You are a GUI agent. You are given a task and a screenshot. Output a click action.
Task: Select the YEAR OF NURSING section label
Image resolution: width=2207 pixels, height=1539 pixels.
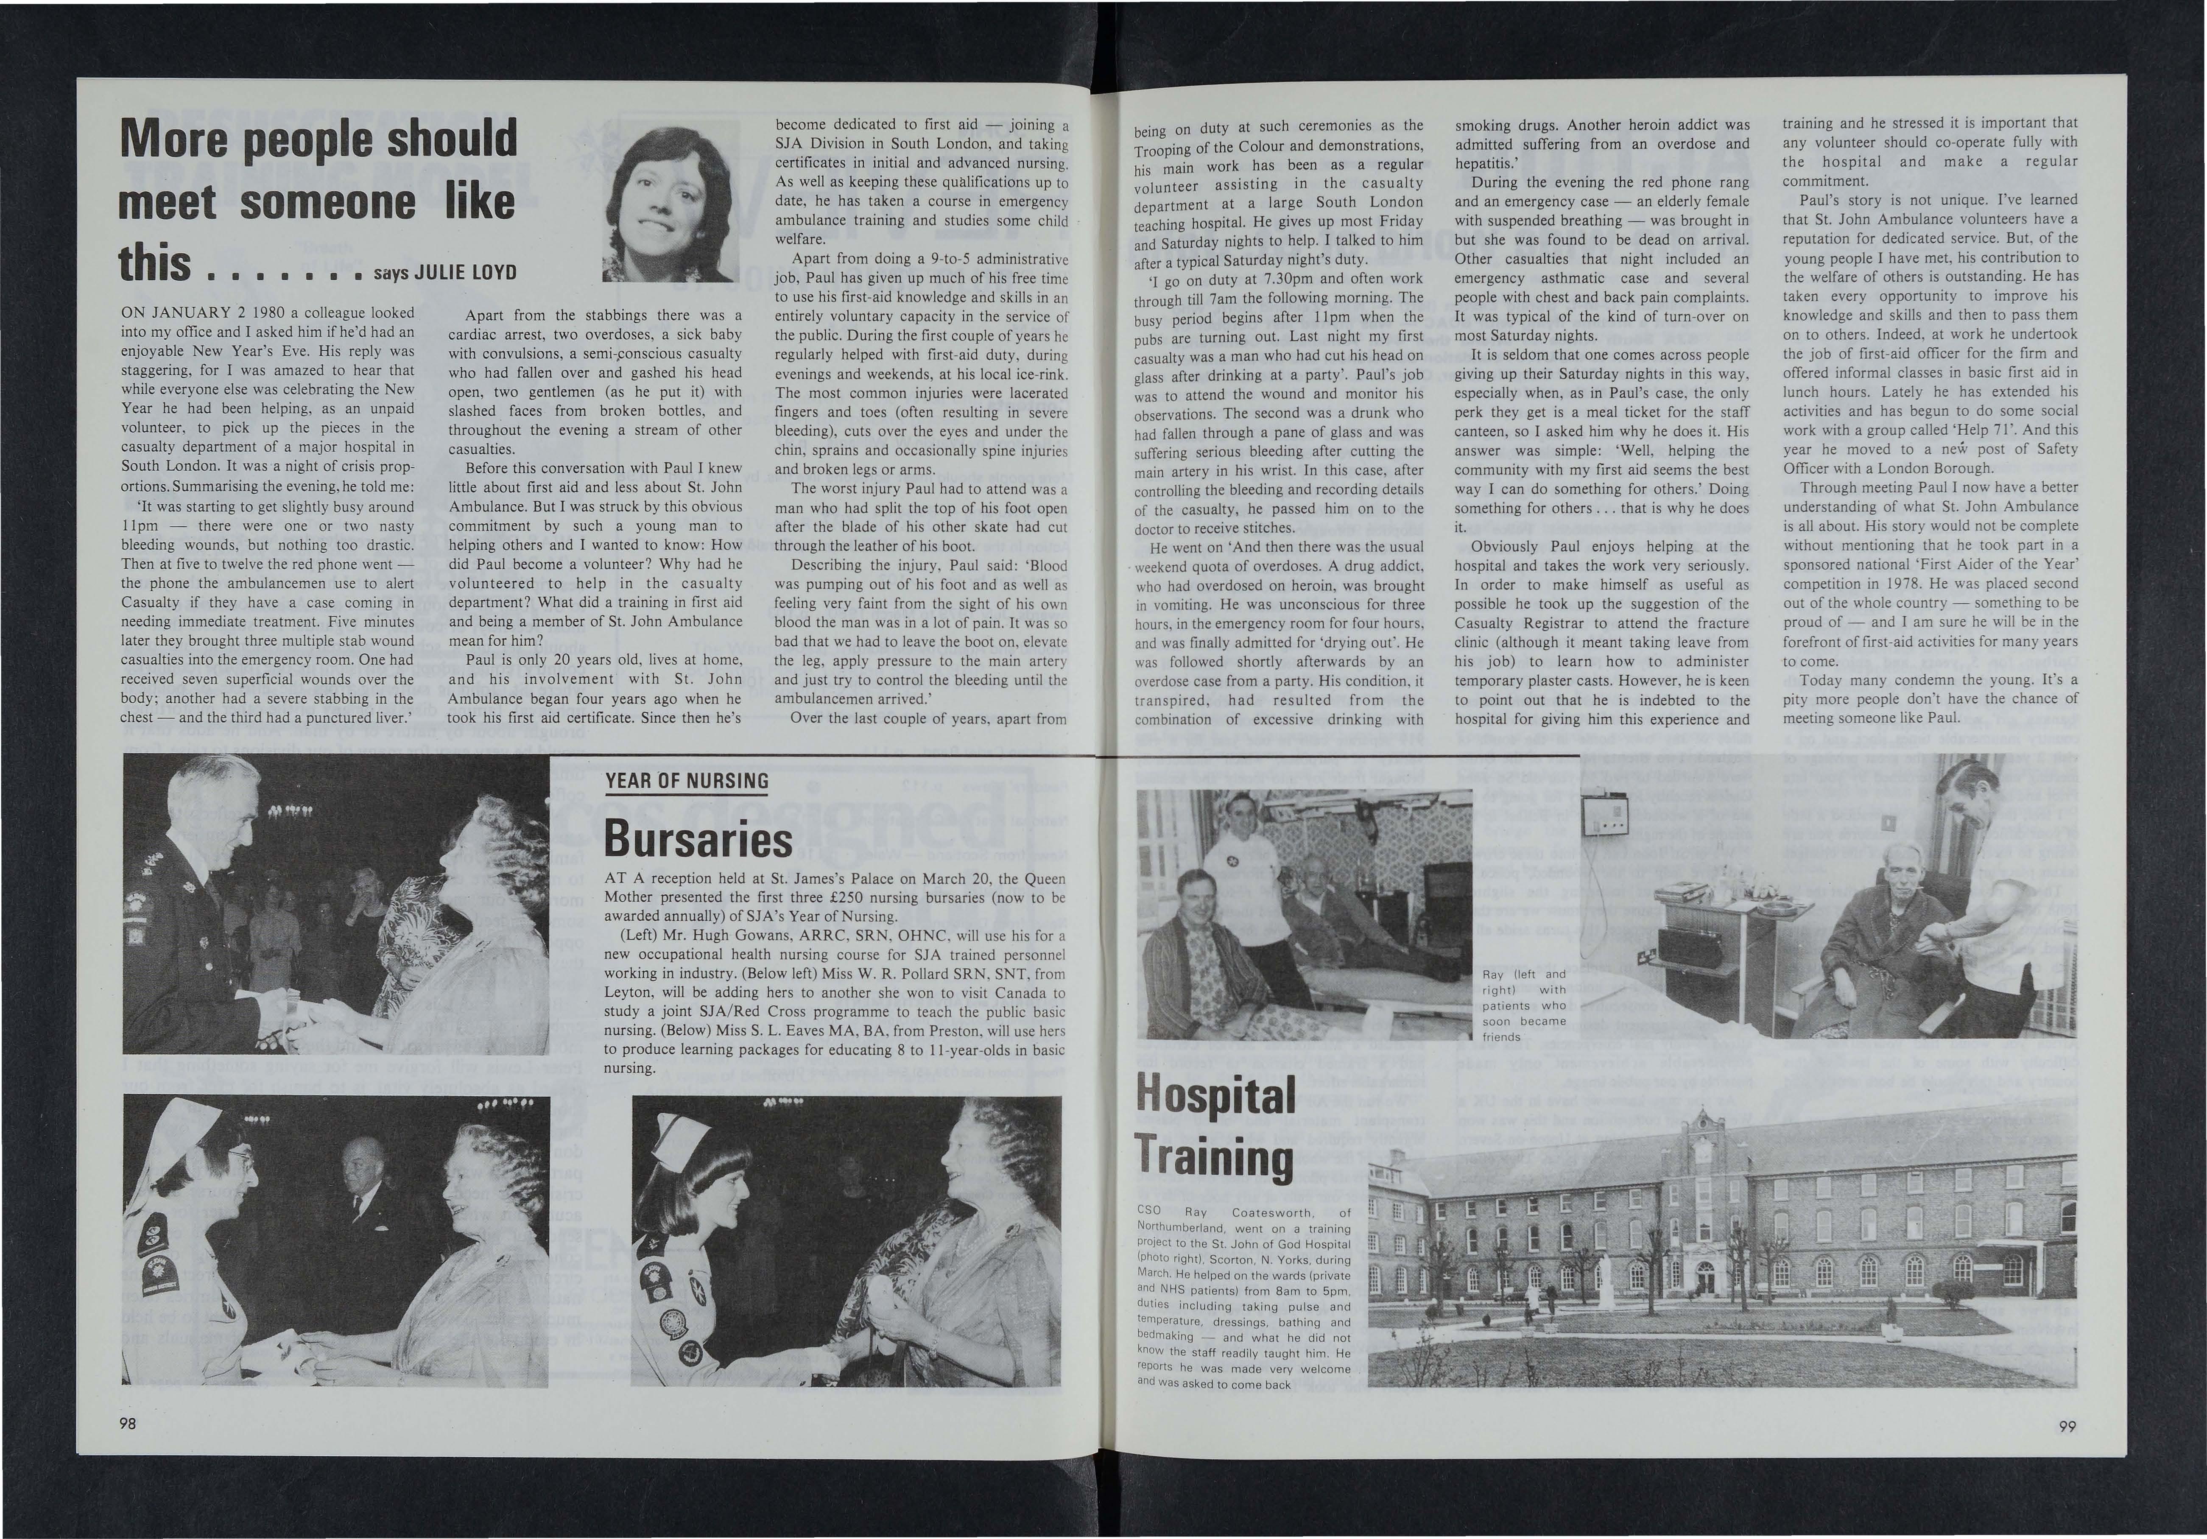687,781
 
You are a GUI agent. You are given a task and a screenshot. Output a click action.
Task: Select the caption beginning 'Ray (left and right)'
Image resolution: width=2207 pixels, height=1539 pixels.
1523,1005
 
